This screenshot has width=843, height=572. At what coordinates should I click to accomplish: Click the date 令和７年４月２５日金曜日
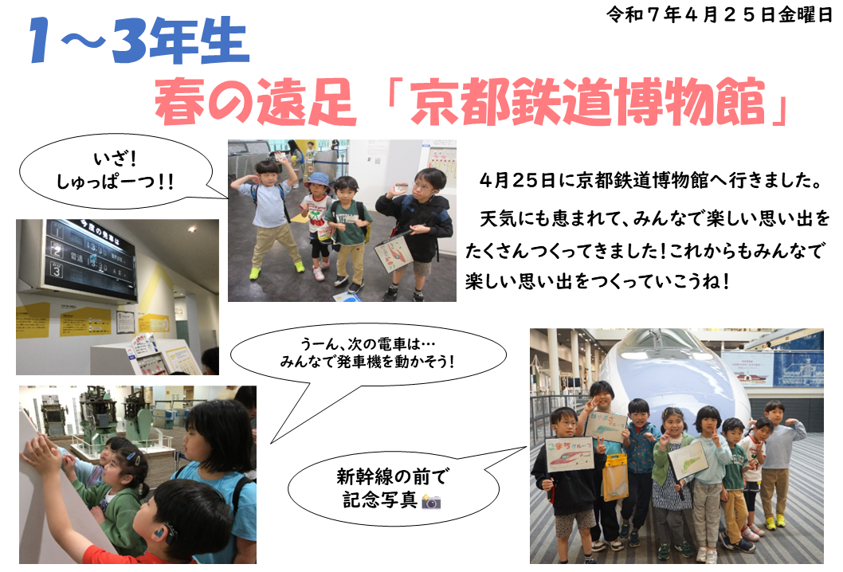pyautogui.click(x=719, y=14)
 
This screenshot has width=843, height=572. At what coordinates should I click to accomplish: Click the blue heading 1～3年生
pyautogui.click(x=139, y=41)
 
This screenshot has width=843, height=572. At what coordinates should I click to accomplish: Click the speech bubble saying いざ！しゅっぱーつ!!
pyautogui.click(x=116, y=171)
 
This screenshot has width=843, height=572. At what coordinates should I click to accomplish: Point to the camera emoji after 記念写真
pyautogui.click(x=431, y=502)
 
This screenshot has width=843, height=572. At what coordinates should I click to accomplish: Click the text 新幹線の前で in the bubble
pyautogui.click(x=392, y=476)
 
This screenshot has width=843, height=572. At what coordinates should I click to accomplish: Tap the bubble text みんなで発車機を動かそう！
pyautogui.click(x=368, y=361)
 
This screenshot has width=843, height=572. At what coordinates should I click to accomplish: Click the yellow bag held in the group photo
pyautogui.click(x=614, y=476)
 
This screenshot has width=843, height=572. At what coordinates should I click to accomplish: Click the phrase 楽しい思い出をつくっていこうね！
pyautogui.click(x=598, y=281)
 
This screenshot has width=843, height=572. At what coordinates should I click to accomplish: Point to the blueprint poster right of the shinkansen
pyautogui.click(x=798, y=359)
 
